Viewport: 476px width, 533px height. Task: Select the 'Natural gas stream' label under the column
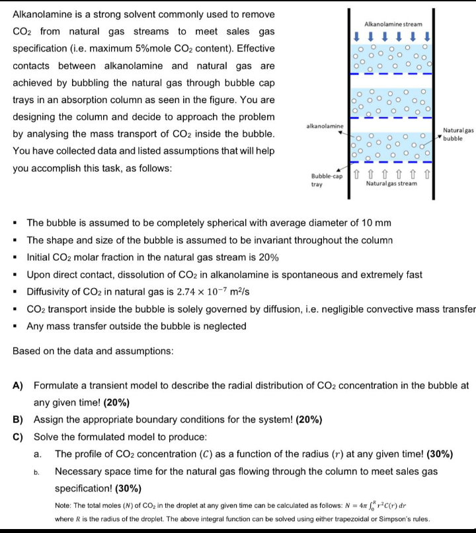click(x=391, y=184)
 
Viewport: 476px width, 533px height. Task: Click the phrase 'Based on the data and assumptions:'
click(x=93, y=351)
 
